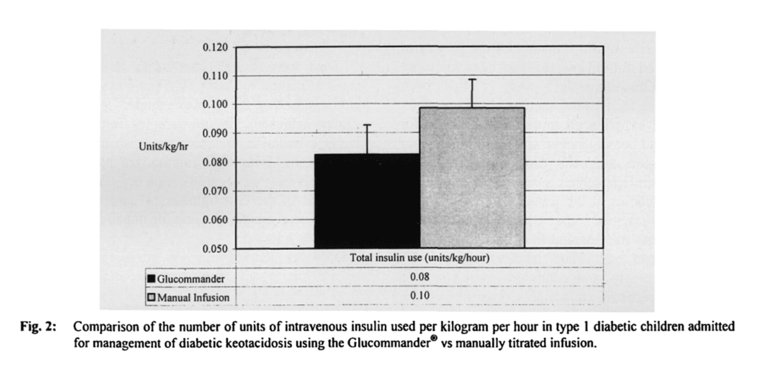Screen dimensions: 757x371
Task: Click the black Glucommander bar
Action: [367, 201]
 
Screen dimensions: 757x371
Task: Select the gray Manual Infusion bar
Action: [473, 178]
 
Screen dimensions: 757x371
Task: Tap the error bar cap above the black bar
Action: [367, 125]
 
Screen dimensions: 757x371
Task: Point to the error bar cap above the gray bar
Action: [473, 79]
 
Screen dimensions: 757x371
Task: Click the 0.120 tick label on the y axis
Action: [215, 48]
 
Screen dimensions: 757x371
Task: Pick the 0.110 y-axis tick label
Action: [215, 76]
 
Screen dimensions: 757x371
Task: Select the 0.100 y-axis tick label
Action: [215, 104]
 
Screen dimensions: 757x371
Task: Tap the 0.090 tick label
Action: [215, 134]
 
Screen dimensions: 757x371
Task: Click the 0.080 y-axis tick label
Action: [215, 163]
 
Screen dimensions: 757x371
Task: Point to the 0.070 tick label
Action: [215, 191]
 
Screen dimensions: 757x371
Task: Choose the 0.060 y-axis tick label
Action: [215, 220]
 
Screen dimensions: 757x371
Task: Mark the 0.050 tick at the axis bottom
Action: [215, 249]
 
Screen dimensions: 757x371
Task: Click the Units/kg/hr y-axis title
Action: [164, 147]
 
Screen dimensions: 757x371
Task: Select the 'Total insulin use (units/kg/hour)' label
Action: [420, 258]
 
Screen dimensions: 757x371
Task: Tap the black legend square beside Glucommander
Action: [152, 279]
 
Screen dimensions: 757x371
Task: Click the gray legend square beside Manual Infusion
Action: [152, 297]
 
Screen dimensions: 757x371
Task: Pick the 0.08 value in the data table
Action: [420, 277]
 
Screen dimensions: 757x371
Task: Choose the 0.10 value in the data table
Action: [420, 296]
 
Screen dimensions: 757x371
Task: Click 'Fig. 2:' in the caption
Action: [38, 327]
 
